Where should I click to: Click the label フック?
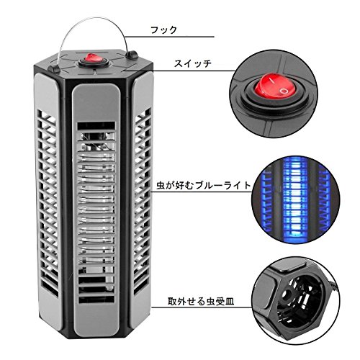(163, 30)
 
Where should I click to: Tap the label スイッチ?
(193, 64)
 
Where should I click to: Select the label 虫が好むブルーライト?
(204, 186)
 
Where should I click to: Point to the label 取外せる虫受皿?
(201, 302)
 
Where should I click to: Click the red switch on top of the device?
(91, 58)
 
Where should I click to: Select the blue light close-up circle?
(296, 200)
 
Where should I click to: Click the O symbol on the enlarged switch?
(284, 91)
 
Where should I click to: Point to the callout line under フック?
(169, 37)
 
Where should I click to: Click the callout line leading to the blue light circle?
(201, 192)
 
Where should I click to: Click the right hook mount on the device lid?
(132, 55)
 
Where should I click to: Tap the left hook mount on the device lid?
(54, 68)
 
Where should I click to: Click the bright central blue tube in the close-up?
(295, 200)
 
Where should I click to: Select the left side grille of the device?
(48, 204)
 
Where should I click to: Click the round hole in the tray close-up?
(286, 295)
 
